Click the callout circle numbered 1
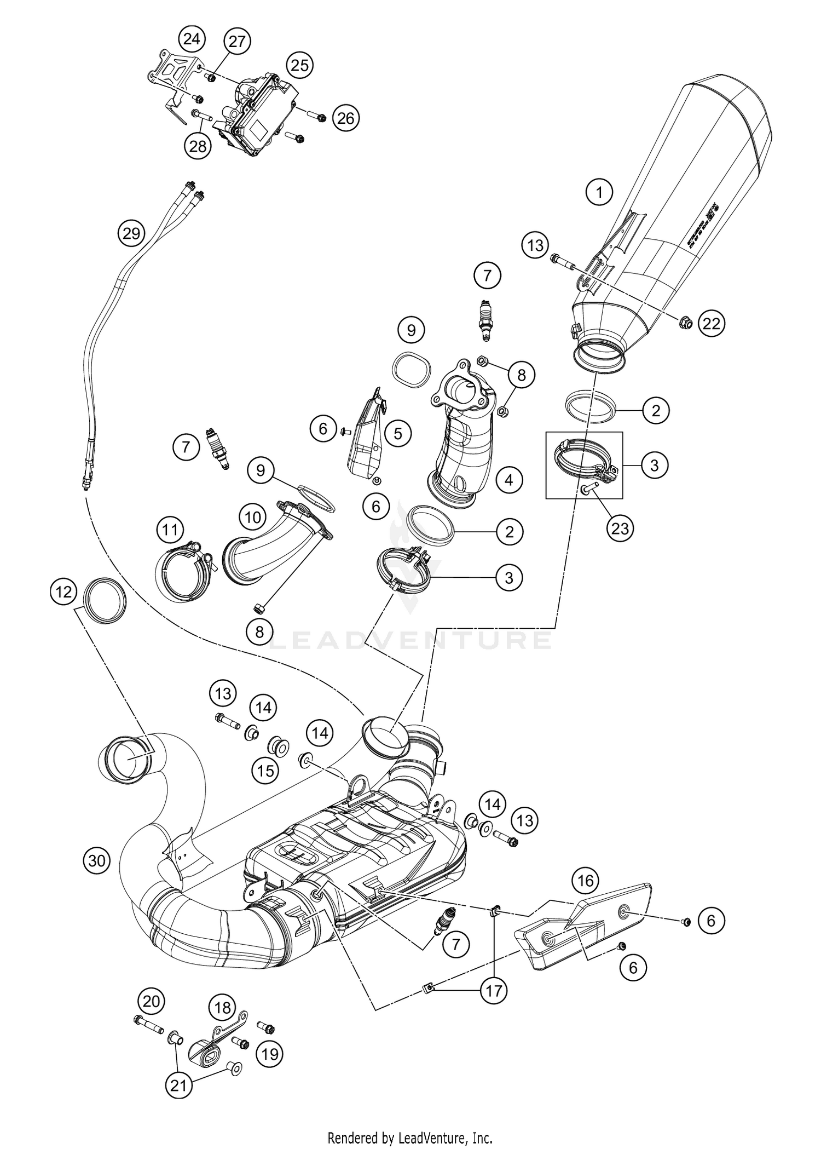599,192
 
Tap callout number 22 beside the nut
712,324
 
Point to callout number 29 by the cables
131,234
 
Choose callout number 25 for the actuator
299,66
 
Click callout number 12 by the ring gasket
64,593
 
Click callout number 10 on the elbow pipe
252,516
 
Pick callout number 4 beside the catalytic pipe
509,480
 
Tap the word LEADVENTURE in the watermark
410,640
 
